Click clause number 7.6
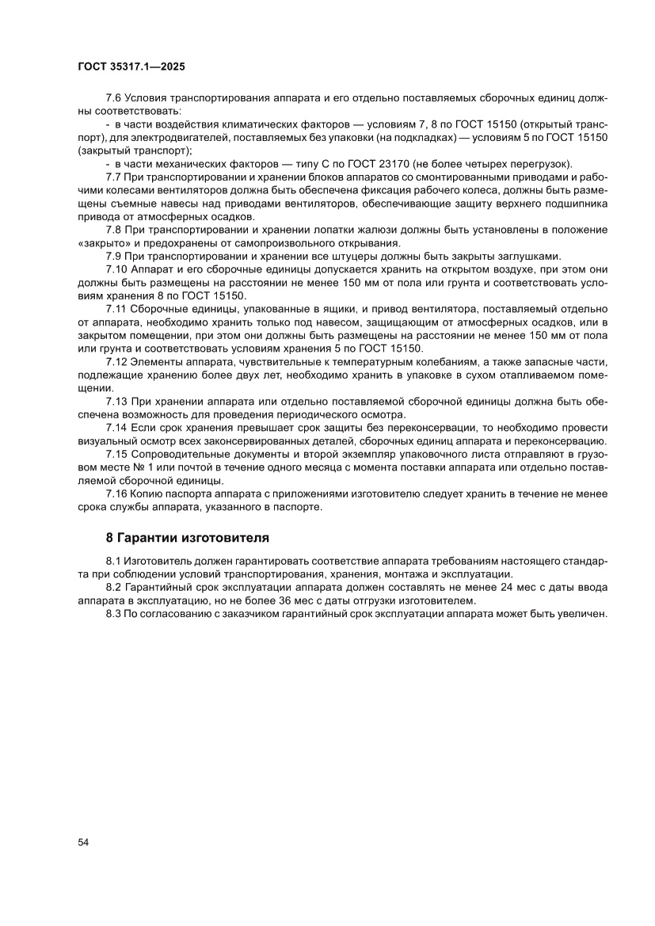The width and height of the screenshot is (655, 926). point(116,97)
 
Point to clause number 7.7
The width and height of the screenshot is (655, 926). point(116,176)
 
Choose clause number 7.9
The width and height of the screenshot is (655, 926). point(116,256)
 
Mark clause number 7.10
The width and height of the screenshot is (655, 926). point(119,269)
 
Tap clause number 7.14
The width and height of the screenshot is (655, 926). point(119,428)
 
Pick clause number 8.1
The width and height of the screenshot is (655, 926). point(116,561)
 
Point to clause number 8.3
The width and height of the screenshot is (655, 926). point(116,614)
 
